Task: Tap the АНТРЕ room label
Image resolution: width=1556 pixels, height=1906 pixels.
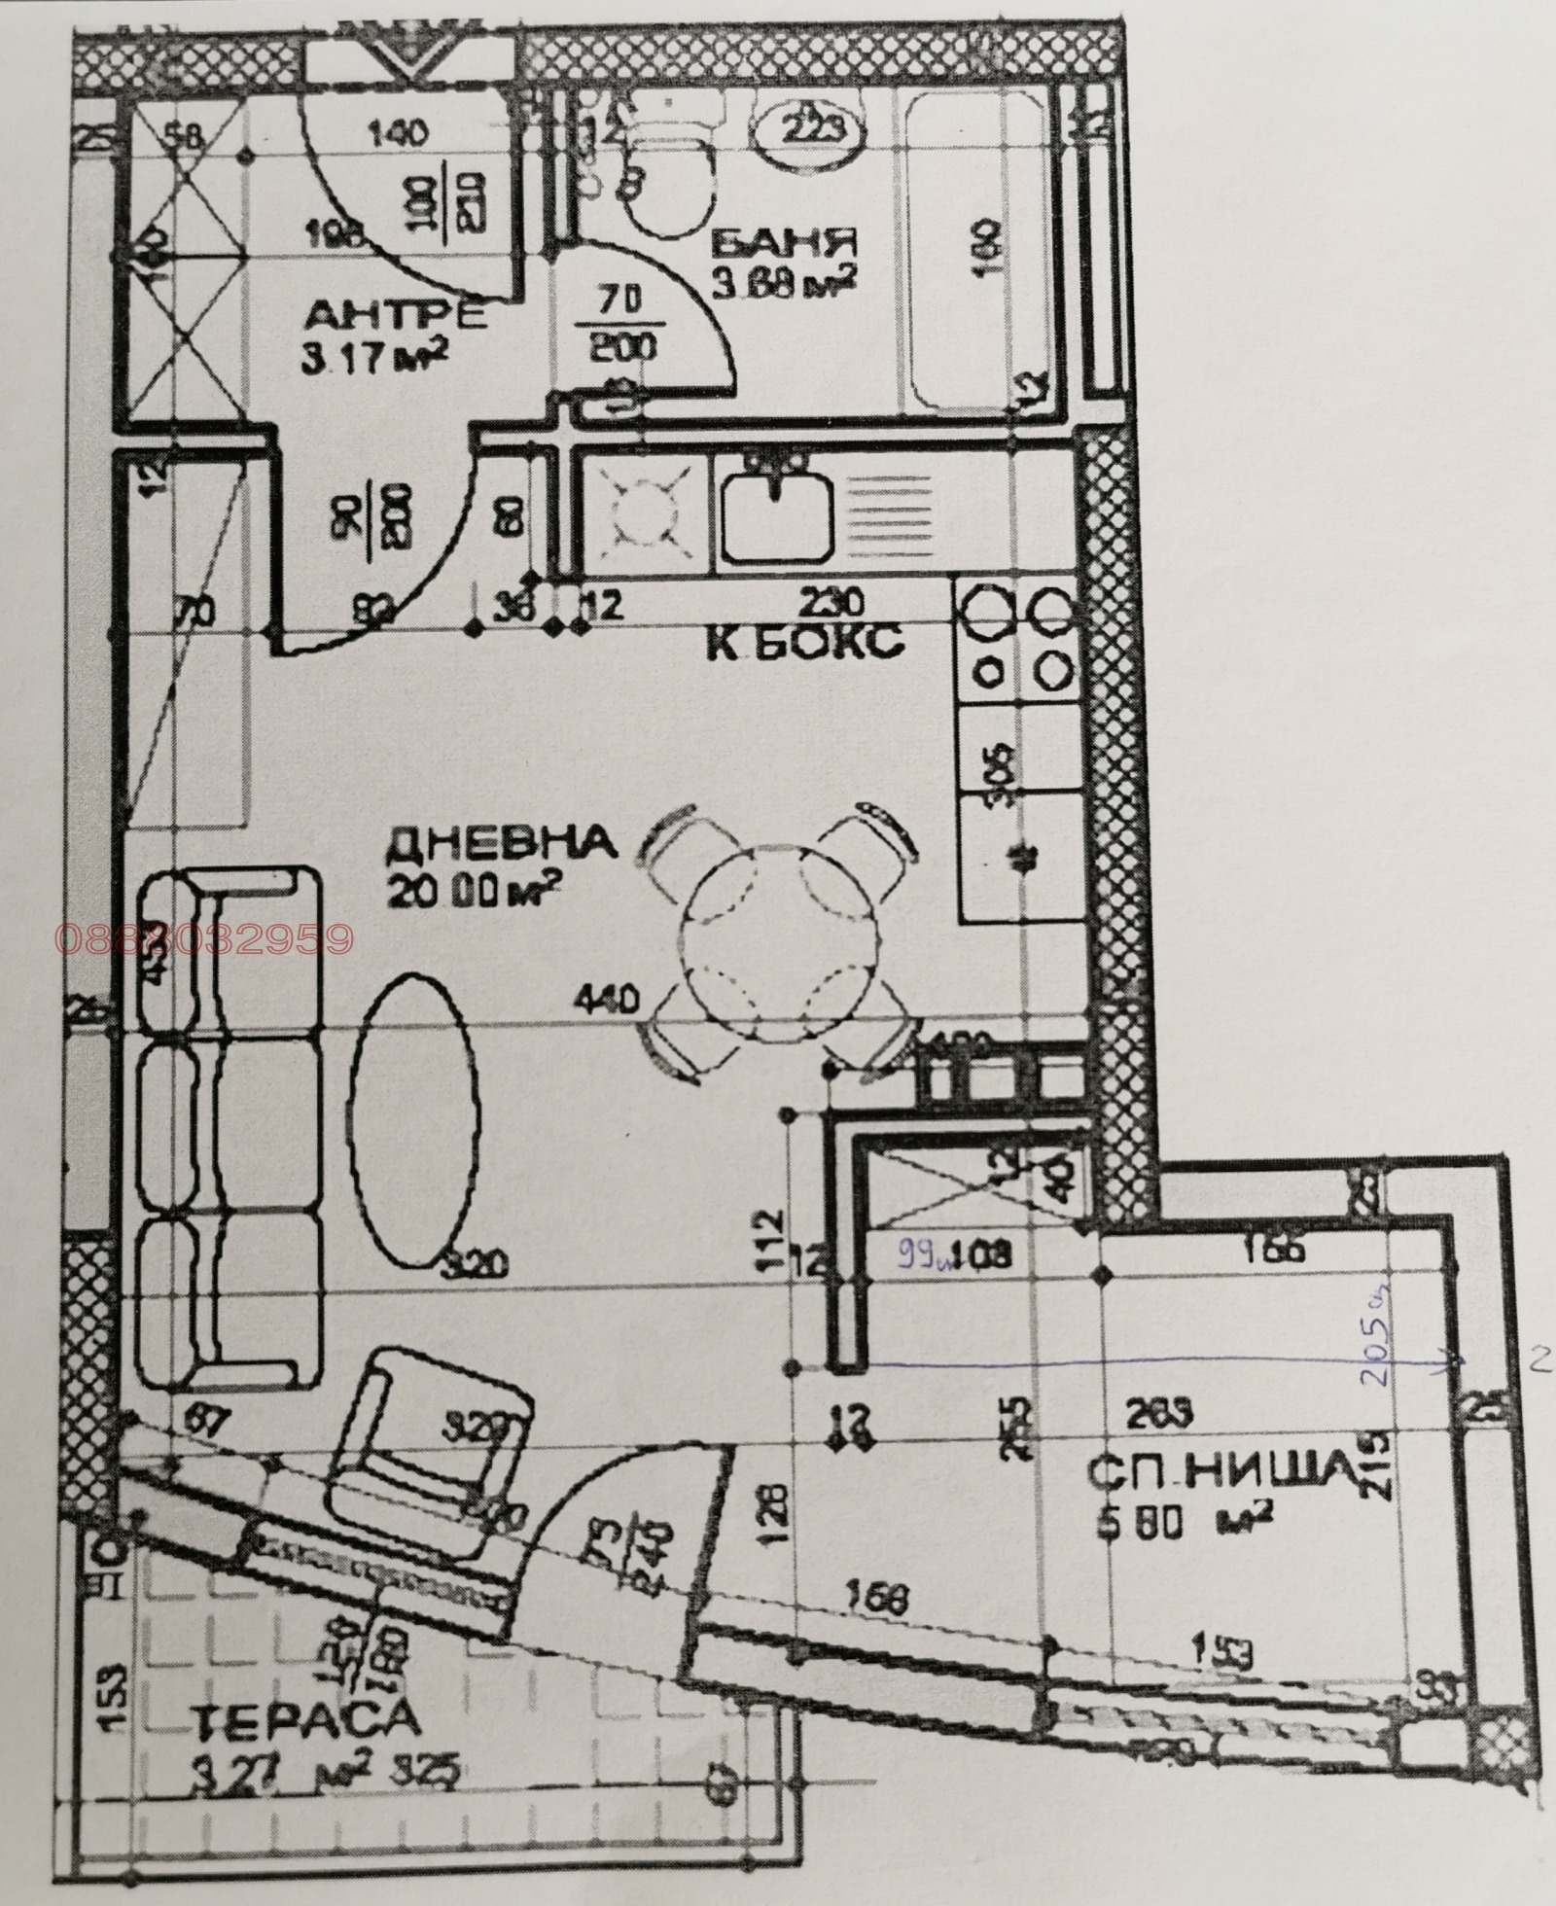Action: [396, 316]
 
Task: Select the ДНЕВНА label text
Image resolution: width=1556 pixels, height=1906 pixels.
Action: [502, 843]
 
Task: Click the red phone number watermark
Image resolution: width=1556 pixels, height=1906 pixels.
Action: [204, 938]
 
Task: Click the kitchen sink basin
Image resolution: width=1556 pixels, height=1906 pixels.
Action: [775, 517]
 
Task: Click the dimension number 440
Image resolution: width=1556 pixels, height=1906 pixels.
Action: [605, 999]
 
